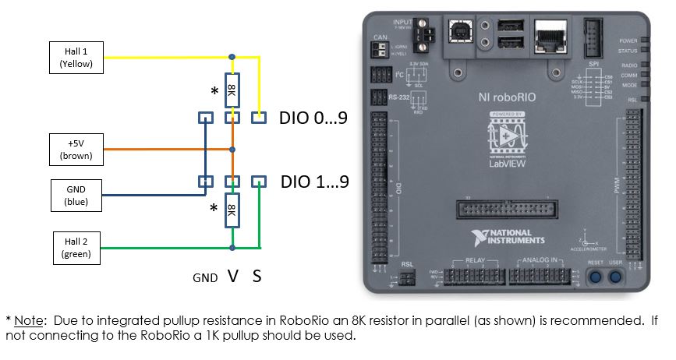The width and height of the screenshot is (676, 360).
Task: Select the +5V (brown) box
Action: coord(76,149)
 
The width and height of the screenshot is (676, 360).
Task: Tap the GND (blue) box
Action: coord(76,195)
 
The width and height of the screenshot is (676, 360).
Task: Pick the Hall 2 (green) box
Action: coord(76,247)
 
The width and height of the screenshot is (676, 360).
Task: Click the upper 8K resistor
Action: coord(232,90)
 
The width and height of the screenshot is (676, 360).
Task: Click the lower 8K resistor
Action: coord(232,210)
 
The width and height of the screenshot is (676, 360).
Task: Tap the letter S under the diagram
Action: coord(257,276)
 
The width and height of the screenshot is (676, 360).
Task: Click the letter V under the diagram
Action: coord(232,276)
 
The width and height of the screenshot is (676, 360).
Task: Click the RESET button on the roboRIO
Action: coord(596,277)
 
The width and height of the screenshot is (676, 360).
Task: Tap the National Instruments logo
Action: coord(510,238)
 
